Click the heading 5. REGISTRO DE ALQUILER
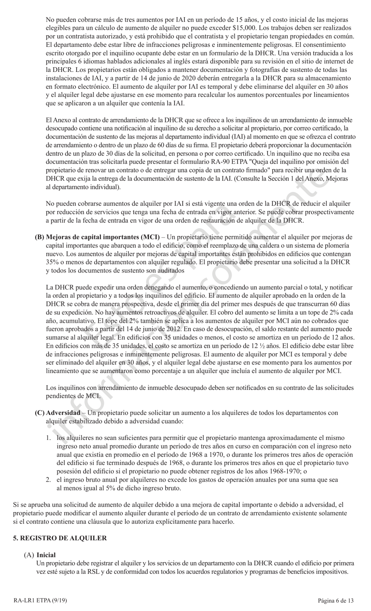60,538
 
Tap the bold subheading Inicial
46,555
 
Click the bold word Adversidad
63,413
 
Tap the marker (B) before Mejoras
39,237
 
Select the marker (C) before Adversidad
39,413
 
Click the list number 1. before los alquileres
49,438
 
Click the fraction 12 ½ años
261,346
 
